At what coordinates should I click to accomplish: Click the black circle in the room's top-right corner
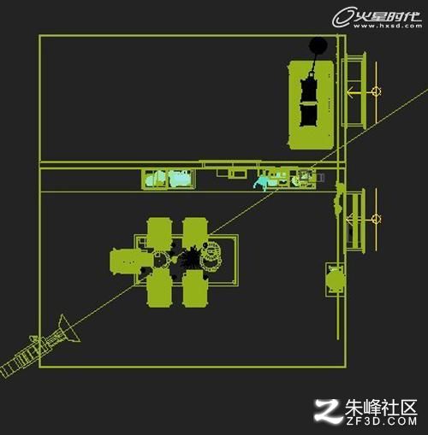(x=318, y=45)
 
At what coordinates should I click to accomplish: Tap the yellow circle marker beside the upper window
(x=377, y=91)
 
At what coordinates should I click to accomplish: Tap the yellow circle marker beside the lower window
(x=377, y=219)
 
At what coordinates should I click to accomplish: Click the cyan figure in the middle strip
(x=261, y=182)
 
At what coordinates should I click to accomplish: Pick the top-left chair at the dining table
(x=159, y=232)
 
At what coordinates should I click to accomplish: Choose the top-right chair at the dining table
(x=195, y=232)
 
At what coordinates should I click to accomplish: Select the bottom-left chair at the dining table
(x=159, y=288)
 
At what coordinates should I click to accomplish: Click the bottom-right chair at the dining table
(x=195, y=288)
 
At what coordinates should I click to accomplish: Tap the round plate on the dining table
(x=211, y=257)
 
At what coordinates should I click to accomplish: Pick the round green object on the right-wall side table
(x=335, y=280)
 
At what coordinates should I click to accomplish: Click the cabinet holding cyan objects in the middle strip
(x=169, y=179)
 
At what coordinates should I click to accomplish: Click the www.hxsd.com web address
(x=388, y=26)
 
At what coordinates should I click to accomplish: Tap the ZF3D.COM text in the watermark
(x=382, y=420)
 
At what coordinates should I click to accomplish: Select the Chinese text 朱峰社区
(x=381, y=408)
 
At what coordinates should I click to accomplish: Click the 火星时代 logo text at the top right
(x=388, y=16)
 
